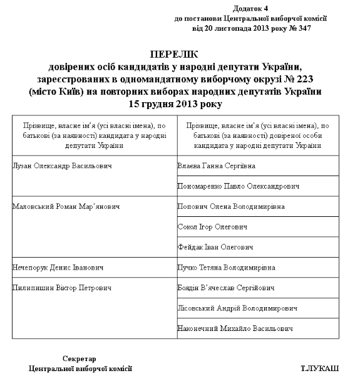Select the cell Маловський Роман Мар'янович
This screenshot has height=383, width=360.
pyautogui.click(x=66, y=206)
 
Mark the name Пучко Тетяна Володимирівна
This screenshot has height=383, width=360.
pyautogui.click(x=227, y=268)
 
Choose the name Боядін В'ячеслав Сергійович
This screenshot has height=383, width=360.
pyautogui.click(x=227, y=288)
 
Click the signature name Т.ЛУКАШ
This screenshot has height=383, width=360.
pyautogui.click(x=320, y=368)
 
